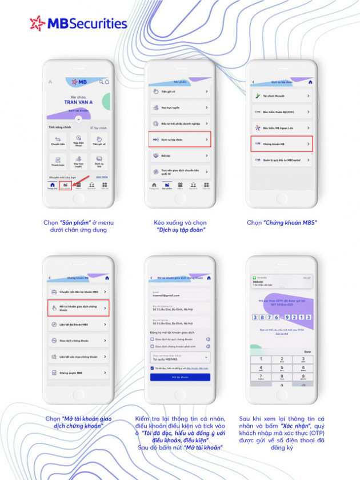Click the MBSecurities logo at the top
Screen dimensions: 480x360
(x=78, y=23)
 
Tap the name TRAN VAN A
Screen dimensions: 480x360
(x=78, y=102)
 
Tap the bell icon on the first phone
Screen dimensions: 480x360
(x=106, y=82)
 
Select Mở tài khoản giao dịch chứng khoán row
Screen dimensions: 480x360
(x=78, y=309)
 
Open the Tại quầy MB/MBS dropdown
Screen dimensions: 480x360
(x=180, y=357)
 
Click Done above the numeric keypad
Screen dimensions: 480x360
(x=307, y=352)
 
